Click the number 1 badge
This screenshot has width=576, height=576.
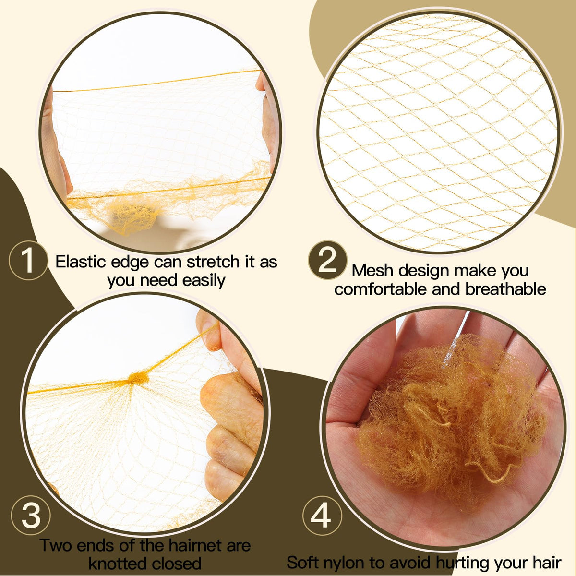coord(28,260)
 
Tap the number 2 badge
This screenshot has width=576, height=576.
coord(328,260)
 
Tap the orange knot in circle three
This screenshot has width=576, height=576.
coord(138,378)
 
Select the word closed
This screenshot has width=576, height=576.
coord(177,564)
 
